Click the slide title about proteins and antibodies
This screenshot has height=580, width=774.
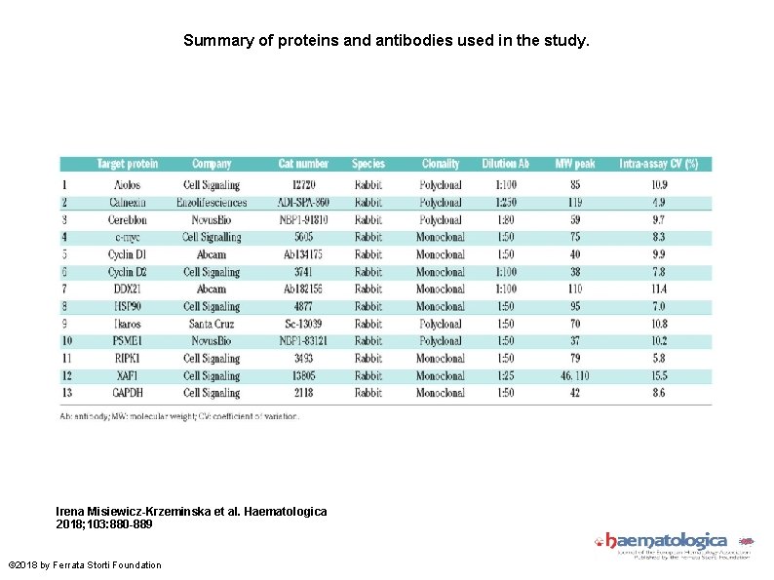[387, 42]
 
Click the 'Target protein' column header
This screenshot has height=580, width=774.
[128, 164]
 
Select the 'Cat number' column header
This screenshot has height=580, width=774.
[303, 164]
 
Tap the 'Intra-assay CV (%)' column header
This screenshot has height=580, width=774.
[659, 164]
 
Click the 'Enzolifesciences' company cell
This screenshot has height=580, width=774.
[212, 203]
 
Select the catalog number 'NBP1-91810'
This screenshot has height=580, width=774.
[303, 220]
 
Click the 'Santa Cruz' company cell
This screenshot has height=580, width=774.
[212, 324]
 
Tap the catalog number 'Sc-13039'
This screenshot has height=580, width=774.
[303, 324]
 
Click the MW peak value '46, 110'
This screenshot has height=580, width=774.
[575, 375]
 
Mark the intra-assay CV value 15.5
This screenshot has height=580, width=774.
[659, 375]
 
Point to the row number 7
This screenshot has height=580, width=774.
[65, 289]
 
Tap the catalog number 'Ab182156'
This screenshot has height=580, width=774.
[303, 289]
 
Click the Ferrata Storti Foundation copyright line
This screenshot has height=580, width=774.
[85, 565]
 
